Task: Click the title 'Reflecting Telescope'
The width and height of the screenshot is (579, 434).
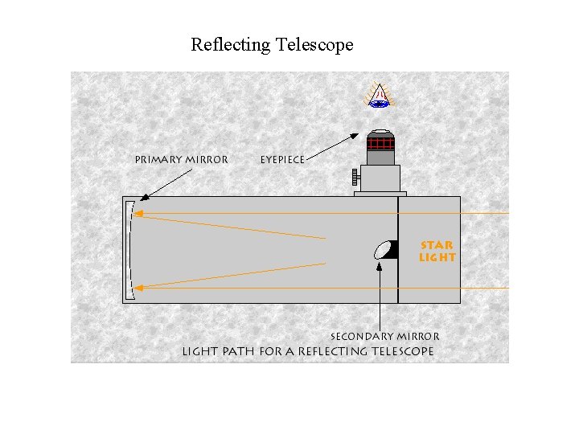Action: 272,44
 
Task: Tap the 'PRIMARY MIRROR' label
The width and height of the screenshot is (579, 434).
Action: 181,160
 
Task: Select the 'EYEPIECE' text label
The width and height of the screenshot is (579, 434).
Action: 282,160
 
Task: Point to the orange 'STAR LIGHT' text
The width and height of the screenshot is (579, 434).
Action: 437,252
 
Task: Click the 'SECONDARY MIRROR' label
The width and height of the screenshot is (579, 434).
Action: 384,337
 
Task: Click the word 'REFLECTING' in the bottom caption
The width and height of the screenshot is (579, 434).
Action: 327,351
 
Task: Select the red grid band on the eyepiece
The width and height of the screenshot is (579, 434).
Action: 380,144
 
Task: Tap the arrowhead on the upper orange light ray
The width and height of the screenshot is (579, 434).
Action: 138,213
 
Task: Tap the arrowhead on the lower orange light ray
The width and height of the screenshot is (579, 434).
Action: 138,286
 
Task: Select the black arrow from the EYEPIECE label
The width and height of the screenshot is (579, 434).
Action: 334,147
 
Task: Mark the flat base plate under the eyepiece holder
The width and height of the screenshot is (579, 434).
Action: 380,194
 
